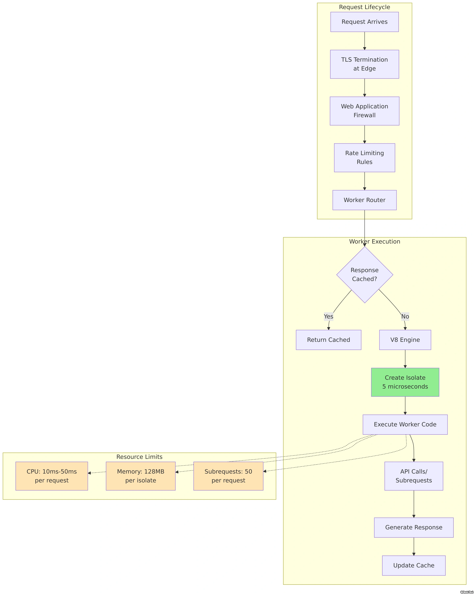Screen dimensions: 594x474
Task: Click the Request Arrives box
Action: [364, 22]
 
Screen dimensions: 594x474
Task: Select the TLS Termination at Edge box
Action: [364, 64]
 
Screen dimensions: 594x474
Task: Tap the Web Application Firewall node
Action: [364, 111]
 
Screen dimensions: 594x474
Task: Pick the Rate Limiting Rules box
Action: [364, 158]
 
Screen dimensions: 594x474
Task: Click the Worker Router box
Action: [364, 200]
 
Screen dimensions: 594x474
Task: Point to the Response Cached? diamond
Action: [364, 275]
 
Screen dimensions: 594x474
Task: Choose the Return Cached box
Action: [328, 340]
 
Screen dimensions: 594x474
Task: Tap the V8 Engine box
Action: [405, 340]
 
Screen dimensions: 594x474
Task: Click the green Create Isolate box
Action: [405, 382]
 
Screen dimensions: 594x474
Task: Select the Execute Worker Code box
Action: [405, 425]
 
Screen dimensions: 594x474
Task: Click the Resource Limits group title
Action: [139, 457]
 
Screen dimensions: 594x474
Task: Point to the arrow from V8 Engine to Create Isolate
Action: [405, 359]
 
